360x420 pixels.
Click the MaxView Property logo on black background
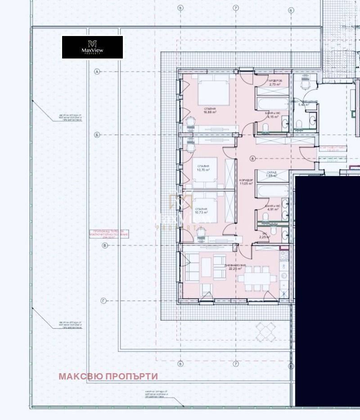[92, 47]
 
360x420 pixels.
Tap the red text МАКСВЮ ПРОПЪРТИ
[108, 376]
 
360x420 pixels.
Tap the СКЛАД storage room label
[271, 174]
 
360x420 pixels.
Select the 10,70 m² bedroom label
[203, 168]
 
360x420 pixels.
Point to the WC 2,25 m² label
[265, 235]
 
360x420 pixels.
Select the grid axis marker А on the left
[97, 72]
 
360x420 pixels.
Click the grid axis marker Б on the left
[97, 135]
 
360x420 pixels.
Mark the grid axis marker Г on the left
[104, 301]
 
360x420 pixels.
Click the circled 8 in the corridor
[253, 158]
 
